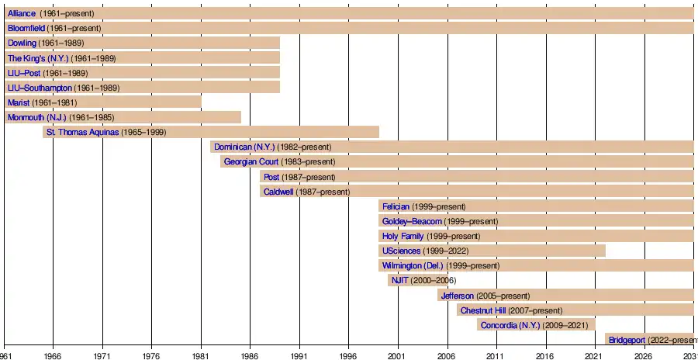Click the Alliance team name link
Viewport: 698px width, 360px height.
click(x=22, y=14)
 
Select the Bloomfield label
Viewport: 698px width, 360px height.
click(x=26, y=29)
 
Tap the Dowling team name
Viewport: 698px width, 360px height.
click(x=22, y=43)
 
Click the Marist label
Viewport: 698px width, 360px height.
click(x=19, y=102)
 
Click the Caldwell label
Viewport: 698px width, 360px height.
click(x=278, y=192)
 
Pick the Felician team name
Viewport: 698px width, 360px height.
click(x=396, y=206)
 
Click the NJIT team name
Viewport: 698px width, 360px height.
click(x=400, y=280)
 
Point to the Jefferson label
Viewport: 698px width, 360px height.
click(x=457, y=296)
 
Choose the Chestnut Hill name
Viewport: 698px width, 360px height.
click(x=482, y=310)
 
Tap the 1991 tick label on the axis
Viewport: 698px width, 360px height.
click(x=299, y=355)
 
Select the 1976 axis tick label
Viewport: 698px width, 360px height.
click(x=152, y=355)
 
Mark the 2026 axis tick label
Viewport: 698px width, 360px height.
click(x=643, y=355)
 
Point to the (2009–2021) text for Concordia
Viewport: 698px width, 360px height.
click(x=567, y=325)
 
